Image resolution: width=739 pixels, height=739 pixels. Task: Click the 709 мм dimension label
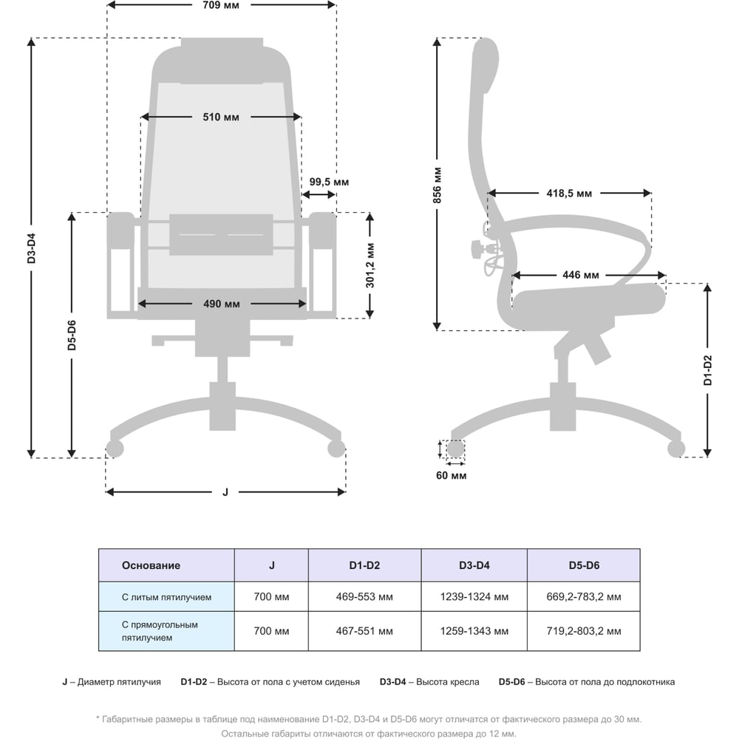pos(222,5)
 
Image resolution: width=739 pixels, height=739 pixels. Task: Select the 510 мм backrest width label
pos(221,117)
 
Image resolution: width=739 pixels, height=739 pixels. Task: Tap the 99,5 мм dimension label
pos(329,182)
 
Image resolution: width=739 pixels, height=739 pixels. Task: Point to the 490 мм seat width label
pos(222,304)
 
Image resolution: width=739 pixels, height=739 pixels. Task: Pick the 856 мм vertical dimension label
pos(437,185)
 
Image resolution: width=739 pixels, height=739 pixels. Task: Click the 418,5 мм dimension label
pos(569,194)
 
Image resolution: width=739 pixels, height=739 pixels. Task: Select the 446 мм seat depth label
pos(580,276)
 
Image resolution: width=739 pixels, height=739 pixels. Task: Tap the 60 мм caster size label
pos(451,476)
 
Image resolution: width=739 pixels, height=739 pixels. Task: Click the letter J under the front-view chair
pos(225,492)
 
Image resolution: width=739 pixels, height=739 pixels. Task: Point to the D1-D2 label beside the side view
pos(707,371)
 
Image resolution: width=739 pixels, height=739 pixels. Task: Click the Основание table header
pos(151,565)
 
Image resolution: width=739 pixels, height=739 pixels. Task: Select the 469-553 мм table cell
pos(364,597)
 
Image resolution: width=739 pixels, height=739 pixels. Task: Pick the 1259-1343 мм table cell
pos(474,631)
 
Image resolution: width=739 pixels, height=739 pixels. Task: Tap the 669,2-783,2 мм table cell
pos(583,597)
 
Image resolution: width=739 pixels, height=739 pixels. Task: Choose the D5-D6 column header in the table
pos(583,565)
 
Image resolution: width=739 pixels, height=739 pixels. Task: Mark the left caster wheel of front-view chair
pos(115,448)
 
